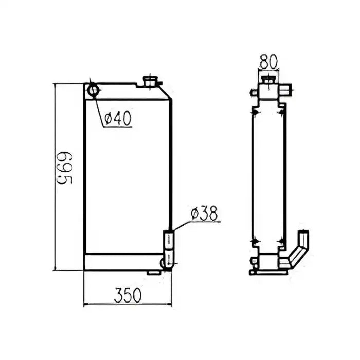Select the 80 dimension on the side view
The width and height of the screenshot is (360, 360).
tap(268, 62)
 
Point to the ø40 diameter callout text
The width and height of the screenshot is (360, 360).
tap(118, 119)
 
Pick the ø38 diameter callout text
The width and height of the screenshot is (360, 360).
tap(204, 213)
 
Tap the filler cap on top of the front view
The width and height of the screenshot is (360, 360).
tap(152, 81)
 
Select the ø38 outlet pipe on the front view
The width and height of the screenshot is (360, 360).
tap(169, 242)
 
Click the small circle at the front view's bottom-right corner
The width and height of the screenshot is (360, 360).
tap(166, 263)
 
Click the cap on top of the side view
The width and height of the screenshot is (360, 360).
tap(268, 79)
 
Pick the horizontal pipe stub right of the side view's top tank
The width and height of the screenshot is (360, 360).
tap(287, 92)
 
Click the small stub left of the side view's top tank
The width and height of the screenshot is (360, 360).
tap(253, 93)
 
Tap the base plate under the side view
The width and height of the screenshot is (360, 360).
tap(268, 271)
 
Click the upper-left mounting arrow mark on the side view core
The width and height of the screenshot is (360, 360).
tap(255, 109)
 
